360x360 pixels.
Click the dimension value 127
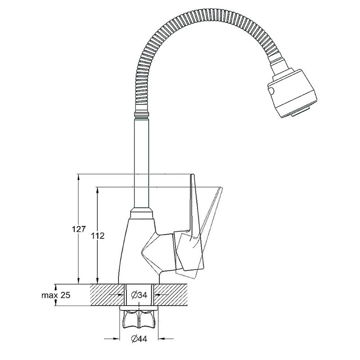tap(78, 229)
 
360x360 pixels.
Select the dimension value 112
tap(98, 235)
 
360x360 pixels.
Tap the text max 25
tap(56, 295)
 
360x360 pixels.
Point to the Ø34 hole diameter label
tap(139, 295)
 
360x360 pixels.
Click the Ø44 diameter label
tap(139, 338)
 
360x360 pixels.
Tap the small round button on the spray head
tap(271, 90)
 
